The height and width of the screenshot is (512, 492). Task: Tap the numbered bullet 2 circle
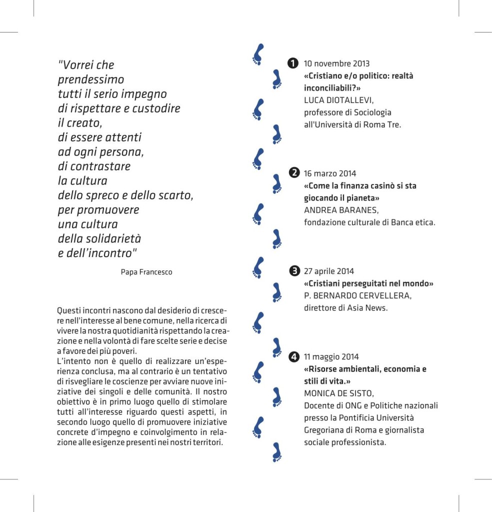(294, 173)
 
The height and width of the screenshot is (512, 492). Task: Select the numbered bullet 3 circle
(294, 271)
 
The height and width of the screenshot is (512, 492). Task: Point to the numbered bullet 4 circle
(294, 357)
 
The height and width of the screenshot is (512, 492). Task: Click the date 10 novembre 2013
(336, 64)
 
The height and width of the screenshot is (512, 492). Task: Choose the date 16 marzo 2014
(330, 173)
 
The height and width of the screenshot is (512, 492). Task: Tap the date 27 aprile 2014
(328, 271)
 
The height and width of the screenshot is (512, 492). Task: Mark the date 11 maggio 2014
(330, 357)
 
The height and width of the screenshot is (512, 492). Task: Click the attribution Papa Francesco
(146, 272)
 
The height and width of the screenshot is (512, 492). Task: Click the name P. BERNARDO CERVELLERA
(357, 295)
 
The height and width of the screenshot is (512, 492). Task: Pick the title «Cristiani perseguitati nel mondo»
(368, 283)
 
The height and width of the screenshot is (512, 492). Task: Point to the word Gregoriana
(327, 430)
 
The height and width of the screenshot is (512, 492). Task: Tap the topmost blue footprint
(258, 54)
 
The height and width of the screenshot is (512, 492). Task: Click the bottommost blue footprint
(276, 451)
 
